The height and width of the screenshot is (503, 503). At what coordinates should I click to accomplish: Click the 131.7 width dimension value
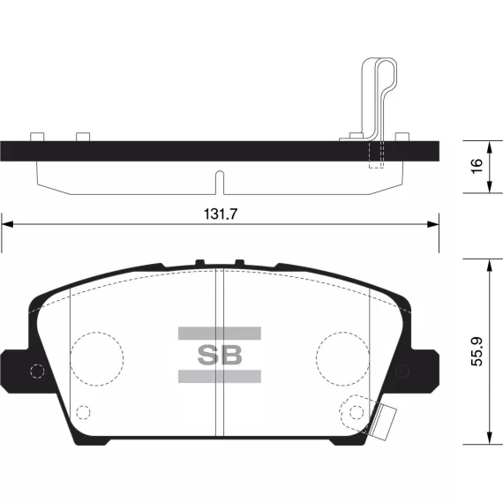(x=221, y=214)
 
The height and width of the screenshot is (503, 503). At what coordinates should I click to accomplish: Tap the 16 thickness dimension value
(x=477, y=166)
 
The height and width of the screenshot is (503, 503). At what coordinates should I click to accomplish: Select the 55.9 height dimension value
(x=477, y=351)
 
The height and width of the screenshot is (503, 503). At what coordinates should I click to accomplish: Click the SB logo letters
(x=220, y=355)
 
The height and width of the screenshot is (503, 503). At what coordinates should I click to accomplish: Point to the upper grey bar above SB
(x=220, y=334)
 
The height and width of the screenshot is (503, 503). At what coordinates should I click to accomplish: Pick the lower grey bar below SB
(x=220, y=376)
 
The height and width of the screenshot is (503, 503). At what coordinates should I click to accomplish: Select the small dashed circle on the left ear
(x=37, y=372)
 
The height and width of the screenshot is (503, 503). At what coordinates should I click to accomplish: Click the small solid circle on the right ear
(x=402, y=372)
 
